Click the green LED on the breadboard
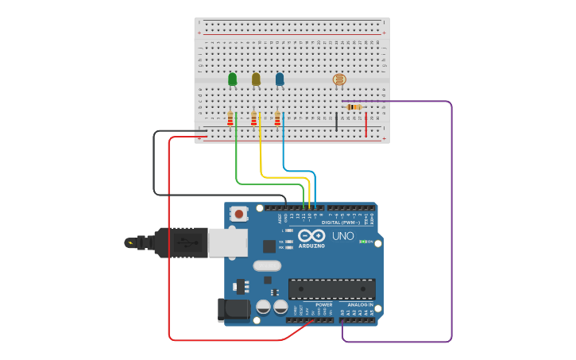click(x=232, y=79)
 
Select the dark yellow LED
click(x=256, y=79)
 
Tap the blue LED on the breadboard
click(x=280, y=79)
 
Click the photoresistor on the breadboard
click(x=339, y=79)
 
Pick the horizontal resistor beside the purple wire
click(x=354, y=106)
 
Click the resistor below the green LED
click(x=230, y=118)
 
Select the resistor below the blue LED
click(x=277, y=118)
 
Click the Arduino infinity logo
click(x=311, y=236)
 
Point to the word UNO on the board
click(x=342, y=236)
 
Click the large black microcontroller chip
click(x=331, y=288)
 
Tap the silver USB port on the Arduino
click(x=227, y=242)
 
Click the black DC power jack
click(x=234, y=310)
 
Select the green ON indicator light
click(x=361, y=242)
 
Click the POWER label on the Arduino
click(x=323, y=304)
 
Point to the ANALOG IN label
click(x=359, y=304)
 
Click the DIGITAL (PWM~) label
click(x=340, y=223)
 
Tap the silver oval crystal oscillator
click(x=268, y=266)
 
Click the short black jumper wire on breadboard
click(x=336, y=122)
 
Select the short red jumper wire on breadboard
click(x=366, y=125)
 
